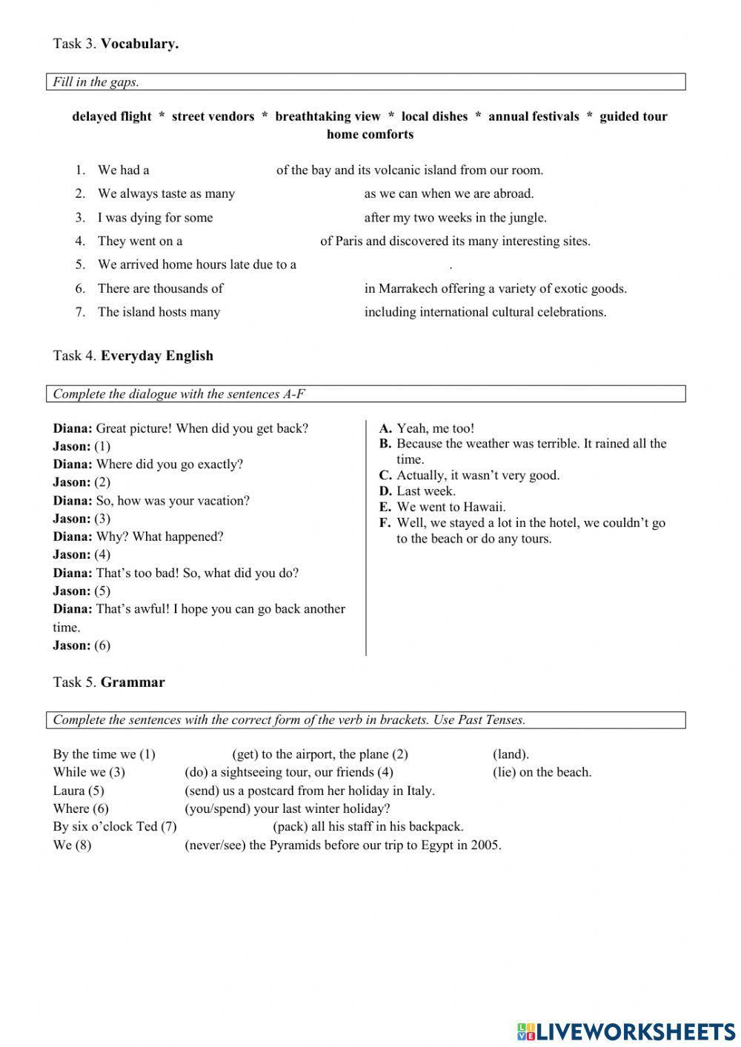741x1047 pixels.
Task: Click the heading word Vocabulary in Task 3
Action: pos(139,44)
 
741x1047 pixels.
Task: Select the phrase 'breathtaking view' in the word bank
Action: pos(328,116)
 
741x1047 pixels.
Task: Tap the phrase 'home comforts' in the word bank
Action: pos(370,134)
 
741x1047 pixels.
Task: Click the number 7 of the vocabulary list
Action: pos(80,312)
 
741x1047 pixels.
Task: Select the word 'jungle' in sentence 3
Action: pos(525,217)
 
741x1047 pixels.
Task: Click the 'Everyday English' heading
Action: pos(157,356)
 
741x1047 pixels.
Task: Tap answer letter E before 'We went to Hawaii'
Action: pos(385,507)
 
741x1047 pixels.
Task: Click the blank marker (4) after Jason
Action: pos(102,554)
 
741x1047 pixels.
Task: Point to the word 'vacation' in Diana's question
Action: pos(223,501)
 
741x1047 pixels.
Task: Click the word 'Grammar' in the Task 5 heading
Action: pos(133,682)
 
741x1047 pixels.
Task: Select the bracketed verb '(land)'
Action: pos(511,754)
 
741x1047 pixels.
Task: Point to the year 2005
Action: pos(485,845)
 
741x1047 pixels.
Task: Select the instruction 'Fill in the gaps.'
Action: pos(96,82)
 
